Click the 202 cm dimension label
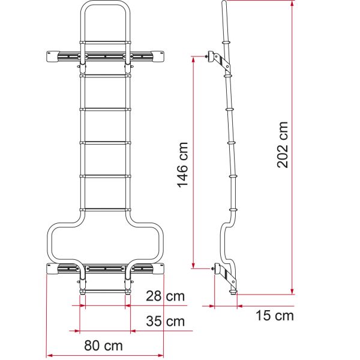[x=283, y=145]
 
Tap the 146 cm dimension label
[x=183, y=165]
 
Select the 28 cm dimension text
[x=166, y=296]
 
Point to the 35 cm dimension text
[x=166, y=321]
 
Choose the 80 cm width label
[x=103, y=346]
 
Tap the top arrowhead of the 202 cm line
[x=292, y=3]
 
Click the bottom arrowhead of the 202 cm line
[x=292, y=291]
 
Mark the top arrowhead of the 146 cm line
[x=193, y=59]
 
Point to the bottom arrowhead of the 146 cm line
[x=193, y=265]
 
